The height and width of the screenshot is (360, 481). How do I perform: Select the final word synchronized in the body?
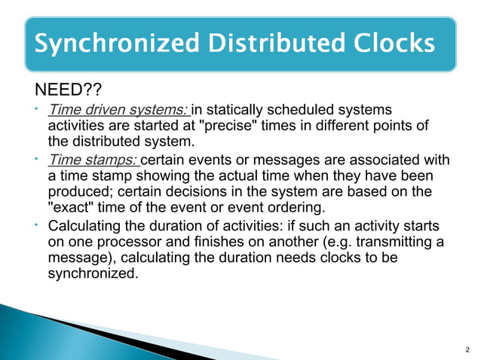click(93, 274)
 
